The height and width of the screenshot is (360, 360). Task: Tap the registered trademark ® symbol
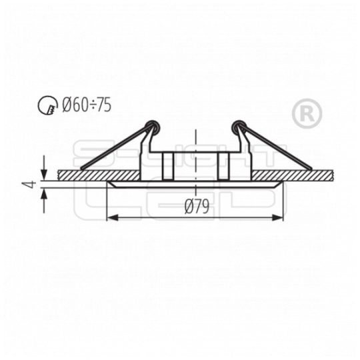[307, 114]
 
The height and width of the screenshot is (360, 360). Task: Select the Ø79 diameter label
[197, 207]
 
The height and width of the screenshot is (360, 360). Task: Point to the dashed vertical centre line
[195, 143]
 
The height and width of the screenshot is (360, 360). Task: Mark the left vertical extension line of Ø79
[108, 203]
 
